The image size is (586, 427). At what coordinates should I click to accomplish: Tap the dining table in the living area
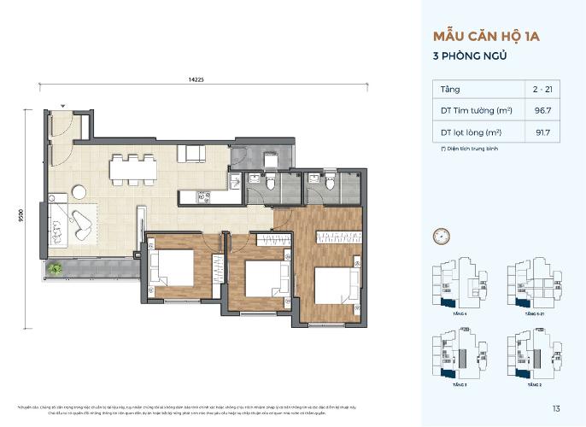[132, 169]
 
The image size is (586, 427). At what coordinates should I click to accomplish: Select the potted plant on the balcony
[56, 270]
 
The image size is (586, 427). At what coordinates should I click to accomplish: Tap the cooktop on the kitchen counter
[204, 196]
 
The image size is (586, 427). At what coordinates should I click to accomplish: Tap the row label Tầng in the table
[450, 89]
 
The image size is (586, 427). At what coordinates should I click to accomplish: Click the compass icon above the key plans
[442, 233]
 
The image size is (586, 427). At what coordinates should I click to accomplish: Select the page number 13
[556, 407]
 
